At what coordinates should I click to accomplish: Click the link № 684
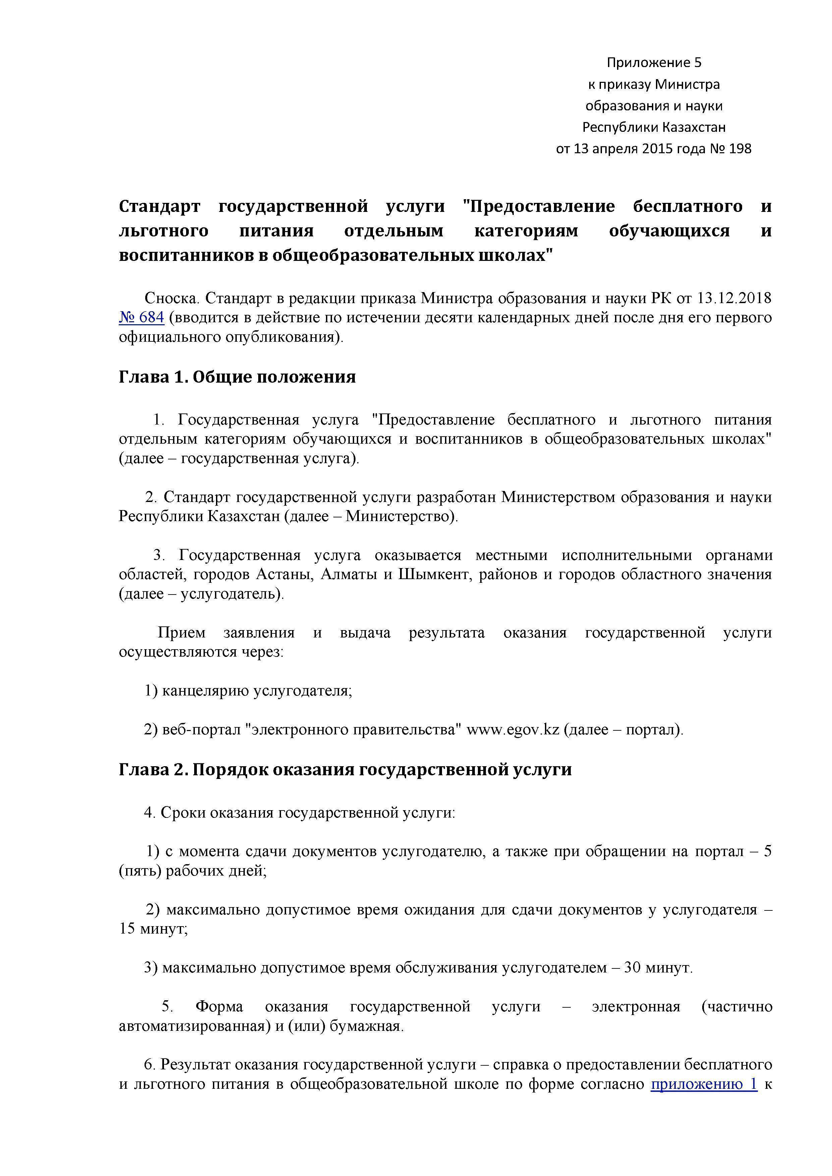point(142,318)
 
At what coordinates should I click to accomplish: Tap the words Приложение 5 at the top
point(654,62)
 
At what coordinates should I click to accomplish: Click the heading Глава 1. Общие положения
point(237,377)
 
